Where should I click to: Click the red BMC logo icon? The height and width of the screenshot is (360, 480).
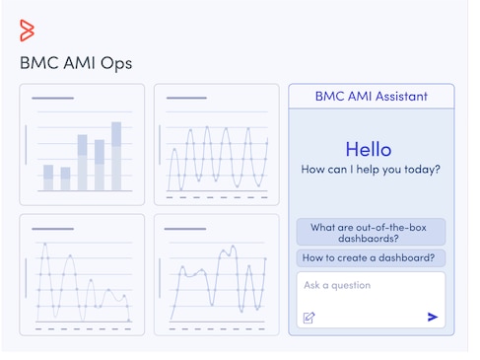pyautogui.click(x=27, y=31)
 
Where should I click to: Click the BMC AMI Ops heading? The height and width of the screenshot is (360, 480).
pyautogui.click(x=76, y=64)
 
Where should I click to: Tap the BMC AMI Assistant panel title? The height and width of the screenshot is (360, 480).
pyautogui.click(x=371, y=97)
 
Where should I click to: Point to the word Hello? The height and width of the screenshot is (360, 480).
pyautogui.click(x=368, y=150)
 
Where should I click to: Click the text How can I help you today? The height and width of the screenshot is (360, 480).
pyautogui.click(x=370, y=170)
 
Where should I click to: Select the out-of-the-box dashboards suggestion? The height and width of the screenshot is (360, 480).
pyautogui.click(x=370, y=233)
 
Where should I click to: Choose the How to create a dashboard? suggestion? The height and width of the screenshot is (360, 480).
pyautogui.click(x=370, y=258)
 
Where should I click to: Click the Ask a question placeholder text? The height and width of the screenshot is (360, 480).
pyautogui.click(x=337, y=286)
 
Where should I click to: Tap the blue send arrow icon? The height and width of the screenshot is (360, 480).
pyautogui.click(x=432, y=317)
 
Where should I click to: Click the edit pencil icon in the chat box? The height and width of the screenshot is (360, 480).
pyautogui.click(x=309, y=317)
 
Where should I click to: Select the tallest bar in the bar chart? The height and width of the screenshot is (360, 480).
pyautogui.click(x=116, y=156)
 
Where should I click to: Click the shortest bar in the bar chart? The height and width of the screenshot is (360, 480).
pyautogui.click(x=65, y=179)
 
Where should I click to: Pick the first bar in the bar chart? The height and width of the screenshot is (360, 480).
pyautogui.click(x=48, y=178)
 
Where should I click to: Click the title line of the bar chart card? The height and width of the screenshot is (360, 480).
pyautogui.click(x=52, y=98)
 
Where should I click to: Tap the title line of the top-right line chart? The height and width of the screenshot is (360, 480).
pyautogui.click(x=186, y=98)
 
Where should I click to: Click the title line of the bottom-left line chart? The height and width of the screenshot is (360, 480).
pyautogui.click(x=52, y=229)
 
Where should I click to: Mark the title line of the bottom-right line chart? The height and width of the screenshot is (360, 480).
pyautogui.click(x=186, y=229)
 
